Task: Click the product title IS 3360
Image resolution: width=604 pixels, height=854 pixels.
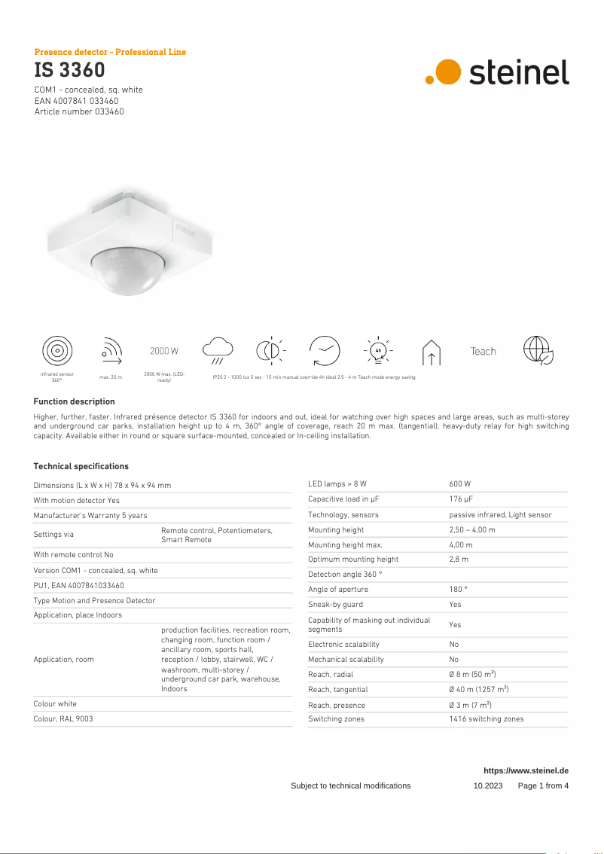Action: coord(69,71)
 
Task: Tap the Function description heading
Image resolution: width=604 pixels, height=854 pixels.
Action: coord(74,402)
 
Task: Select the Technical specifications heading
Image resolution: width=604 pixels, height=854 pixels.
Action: coord(81,467)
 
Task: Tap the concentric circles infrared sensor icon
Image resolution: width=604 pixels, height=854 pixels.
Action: coord(56,351)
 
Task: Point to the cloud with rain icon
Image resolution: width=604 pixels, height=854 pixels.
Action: coord(218,349)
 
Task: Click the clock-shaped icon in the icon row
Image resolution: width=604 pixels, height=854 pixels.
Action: coord(325,350)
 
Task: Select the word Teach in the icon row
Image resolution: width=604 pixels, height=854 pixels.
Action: coord(483,352)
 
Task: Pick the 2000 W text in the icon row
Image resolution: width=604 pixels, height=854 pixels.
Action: coord(164,352)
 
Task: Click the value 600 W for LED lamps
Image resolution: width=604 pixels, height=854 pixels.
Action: coord(459,484)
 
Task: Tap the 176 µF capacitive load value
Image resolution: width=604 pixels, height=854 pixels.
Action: coord(461,499)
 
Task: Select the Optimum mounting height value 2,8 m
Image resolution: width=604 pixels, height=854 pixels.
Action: coord(459,560)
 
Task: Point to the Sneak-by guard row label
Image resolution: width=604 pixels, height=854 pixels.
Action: coord(335,605)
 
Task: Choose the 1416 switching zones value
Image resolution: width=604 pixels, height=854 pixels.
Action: coord(486,719)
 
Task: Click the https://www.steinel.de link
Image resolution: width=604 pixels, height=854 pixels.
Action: coord(526,771)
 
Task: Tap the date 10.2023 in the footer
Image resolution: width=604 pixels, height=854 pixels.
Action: coord(487,786)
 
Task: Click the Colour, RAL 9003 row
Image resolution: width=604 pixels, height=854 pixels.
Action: coord(63,719)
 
